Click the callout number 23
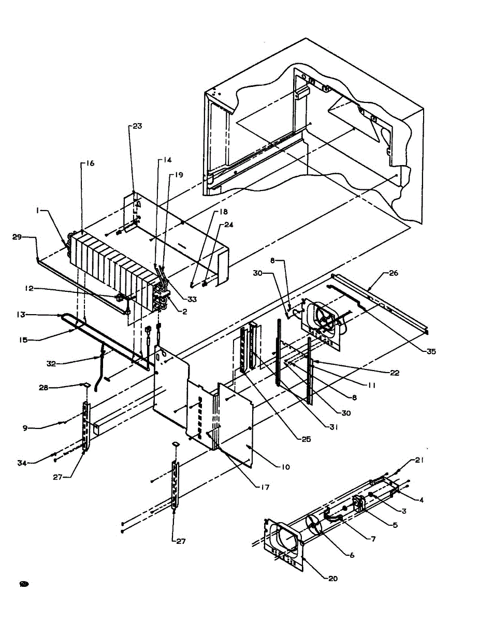(x=137, y=126)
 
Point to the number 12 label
(x=29, y=288)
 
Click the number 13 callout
(x=21, y=314)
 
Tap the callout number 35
(x=430, y=352)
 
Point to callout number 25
(x=306, y=439)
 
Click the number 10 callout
(x=285, y=467)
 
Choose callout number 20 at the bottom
(x=333, y=578)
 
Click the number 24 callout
(x=229, y=225)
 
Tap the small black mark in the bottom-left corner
(x=23, y=584)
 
